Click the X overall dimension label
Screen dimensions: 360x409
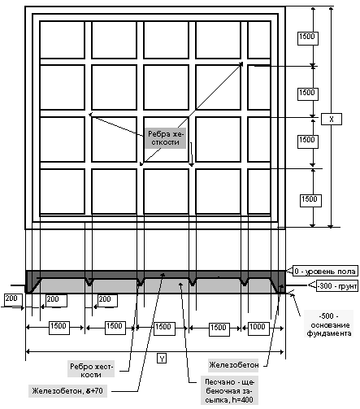tap(332, 119)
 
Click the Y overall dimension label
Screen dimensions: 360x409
tap(162, 359)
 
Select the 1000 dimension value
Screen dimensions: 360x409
tap(257, 327)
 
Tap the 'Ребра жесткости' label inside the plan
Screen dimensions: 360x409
tap(166, 138)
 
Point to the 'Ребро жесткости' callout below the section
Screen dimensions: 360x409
tap(91, 371)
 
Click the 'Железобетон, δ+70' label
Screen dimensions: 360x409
tap(67, 391)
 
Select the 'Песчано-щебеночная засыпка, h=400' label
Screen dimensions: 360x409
tap(229, 390)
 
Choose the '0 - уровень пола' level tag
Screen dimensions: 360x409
tap(325, 272)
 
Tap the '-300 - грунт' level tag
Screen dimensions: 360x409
tap(337, 286)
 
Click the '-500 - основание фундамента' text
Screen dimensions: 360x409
tap(330, 324)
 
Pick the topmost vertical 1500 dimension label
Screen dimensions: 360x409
tap(307, 37)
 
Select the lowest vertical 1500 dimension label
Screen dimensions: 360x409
tap(310, 200)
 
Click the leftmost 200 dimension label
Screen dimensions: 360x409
tap(11, 299)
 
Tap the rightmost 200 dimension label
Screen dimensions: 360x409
tap(107, 300)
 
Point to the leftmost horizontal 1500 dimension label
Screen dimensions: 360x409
tap(59, 327)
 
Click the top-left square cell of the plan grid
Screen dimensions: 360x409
tap(62, 40)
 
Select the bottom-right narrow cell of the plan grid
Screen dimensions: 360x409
tap(259, 192)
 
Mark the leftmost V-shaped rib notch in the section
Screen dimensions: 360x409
tap(89, 282)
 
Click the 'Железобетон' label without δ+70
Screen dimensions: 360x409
tap(233, 365)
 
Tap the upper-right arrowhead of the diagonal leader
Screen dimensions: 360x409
tap(241, 64)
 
